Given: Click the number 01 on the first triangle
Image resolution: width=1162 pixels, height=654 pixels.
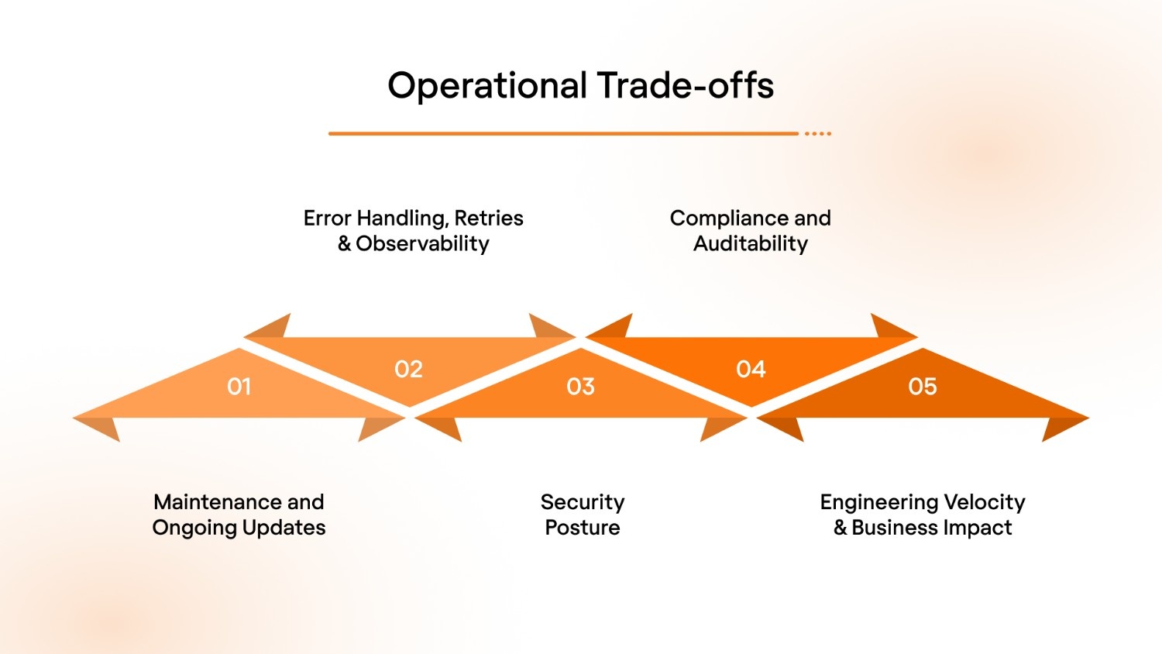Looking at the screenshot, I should click(x=239, y=386).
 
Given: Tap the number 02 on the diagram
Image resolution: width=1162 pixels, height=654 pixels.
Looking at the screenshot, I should click(x=408, y=369).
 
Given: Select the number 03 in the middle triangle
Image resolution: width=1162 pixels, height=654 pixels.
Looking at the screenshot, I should click(x=580, y=386).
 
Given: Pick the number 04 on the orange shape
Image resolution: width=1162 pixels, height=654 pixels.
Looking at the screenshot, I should click(x=751, y=369).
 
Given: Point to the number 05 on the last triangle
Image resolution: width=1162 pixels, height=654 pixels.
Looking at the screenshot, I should click(x=922, y=386).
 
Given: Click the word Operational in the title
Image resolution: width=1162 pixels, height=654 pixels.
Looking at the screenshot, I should click(x=487, y=86).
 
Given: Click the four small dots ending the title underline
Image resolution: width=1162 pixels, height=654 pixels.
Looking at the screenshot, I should click(x=817, y=134).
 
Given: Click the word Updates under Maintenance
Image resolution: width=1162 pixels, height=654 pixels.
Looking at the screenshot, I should click(x=284, y=528).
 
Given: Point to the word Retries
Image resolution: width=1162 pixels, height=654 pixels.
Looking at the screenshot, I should click(x=488, y=219).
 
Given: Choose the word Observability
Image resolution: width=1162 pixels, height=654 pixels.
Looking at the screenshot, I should click(x=422, y=244).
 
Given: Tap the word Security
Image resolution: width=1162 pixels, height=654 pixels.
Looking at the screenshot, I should click(x=582, y=502).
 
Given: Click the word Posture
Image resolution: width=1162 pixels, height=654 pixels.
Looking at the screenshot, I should click(x=582, y=528).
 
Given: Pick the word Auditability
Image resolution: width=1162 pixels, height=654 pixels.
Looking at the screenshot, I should click(x=750, y=244).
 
